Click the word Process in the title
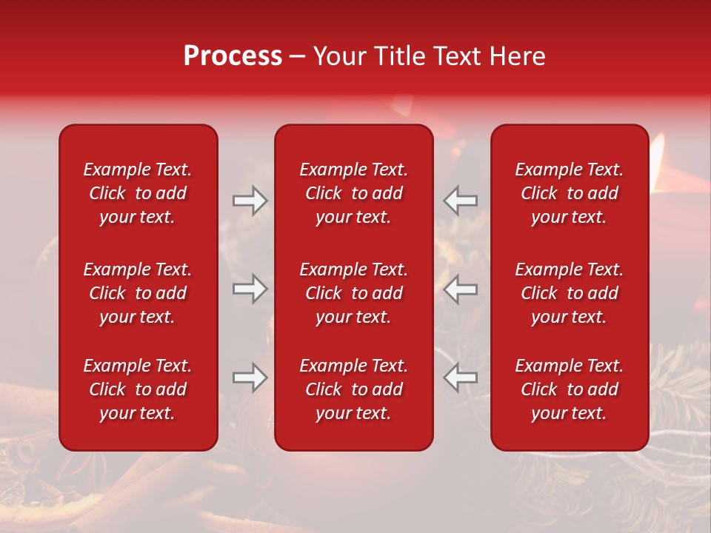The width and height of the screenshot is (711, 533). point(233,56)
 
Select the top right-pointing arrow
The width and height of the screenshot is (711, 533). point(250,201)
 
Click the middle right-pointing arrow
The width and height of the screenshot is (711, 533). point(250,289)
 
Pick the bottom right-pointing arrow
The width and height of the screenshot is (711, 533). point(250,378)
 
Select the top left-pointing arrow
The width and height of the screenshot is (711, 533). point(461,201)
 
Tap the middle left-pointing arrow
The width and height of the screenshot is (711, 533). point(461,289)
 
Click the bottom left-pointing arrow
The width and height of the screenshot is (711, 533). point(461,378)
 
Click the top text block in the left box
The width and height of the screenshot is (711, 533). point(138,193)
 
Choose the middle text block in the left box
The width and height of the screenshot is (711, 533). point(138,293)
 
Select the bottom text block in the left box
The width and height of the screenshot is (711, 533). point(138,389)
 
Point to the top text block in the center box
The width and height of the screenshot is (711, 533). point(353,193)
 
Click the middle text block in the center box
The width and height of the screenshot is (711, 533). point(353,293)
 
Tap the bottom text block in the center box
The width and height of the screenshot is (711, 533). point(353,389)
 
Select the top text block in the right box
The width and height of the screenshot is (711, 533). point(569,193)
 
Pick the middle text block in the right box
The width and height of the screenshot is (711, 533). point(569,293)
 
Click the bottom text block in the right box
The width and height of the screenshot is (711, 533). point(569,389)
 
